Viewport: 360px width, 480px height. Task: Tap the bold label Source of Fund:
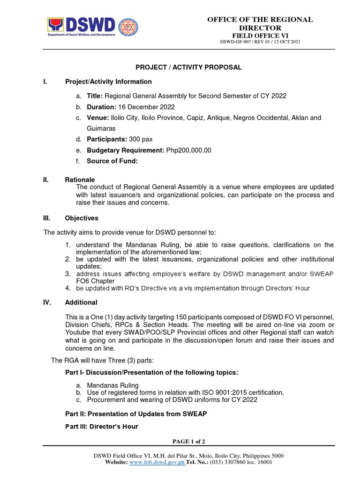[x=112, y=161]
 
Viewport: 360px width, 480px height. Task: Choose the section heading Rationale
[x=80, y=180]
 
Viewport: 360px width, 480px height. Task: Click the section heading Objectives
[x=82, y=218]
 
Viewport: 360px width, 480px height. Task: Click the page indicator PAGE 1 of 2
[x=189, y=442]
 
